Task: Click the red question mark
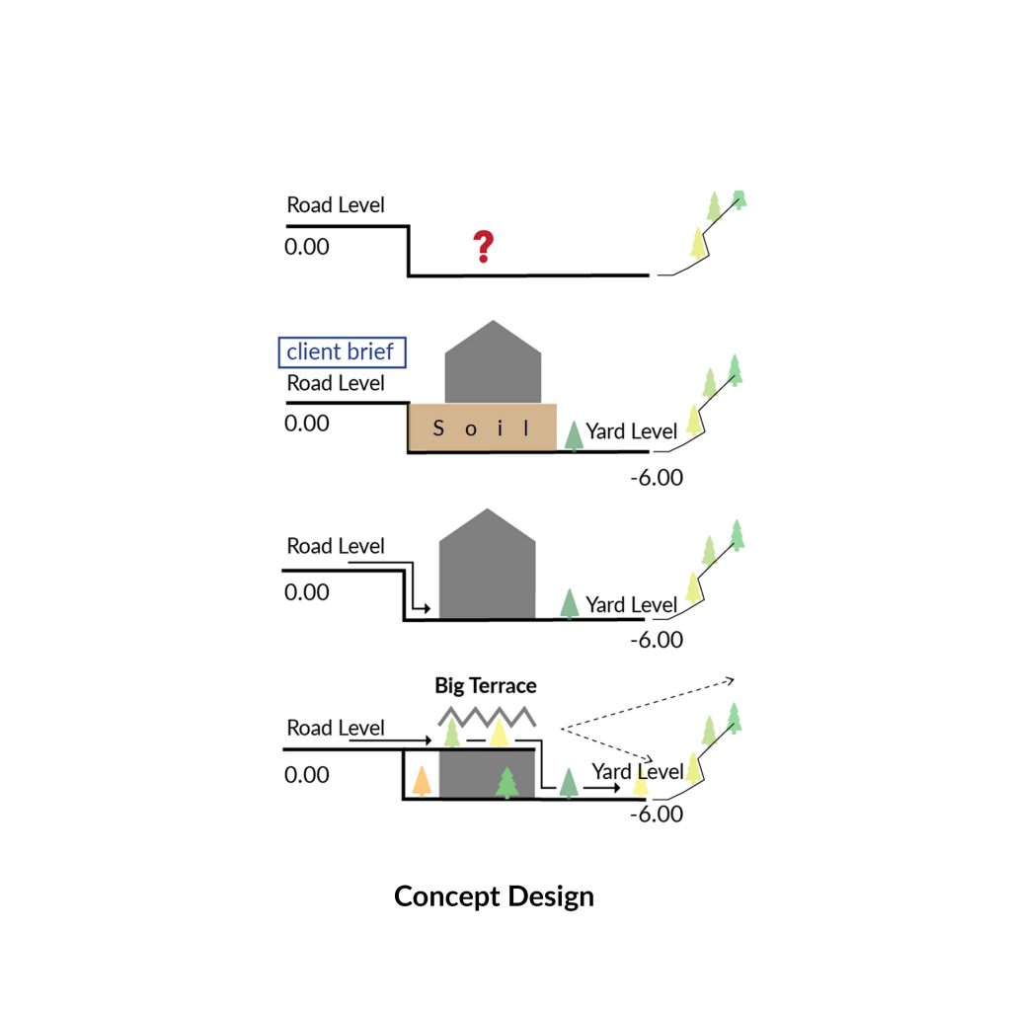(x=482, y=247)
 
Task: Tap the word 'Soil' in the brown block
(x=483, y=428)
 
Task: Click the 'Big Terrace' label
(x=486, y=685)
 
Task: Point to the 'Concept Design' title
(x=494, y=896)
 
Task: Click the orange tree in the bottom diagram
(x=422, y=781)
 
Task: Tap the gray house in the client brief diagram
(x=493, y=363)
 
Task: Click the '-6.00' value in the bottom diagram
(x=657, y=815)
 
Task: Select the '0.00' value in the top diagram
(x=307, y=246)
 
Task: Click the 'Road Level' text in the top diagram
(x=336, y=205)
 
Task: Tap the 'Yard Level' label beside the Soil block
(x=632, y=431)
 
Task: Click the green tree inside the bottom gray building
(x=506, y=782)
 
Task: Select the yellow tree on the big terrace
(x=499, y=733)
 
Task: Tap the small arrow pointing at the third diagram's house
(x=422, y=608)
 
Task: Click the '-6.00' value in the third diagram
(x=657, y=640)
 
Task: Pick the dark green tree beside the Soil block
(x=574, y=435)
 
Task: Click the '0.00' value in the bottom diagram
(x=307, y=775)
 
